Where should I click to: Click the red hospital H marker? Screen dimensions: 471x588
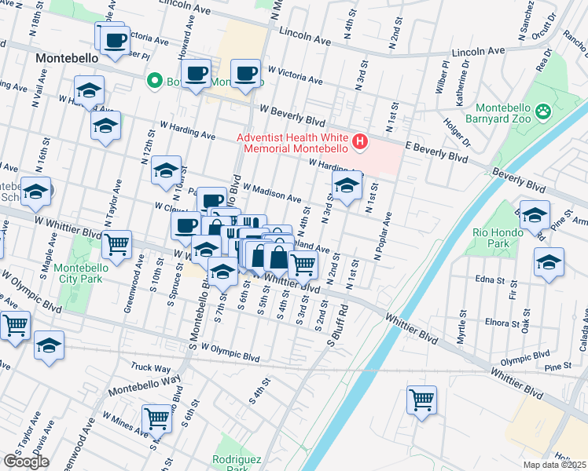coord(360,141)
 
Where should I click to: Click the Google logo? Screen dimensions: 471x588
coord(26,462)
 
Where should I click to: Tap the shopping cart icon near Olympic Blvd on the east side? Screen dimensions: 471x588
coord(421,399)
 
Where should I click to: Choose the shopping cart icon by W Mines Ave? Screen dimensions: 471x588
coord(156,418)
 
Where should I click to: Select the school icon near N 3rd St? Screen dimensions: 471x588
coord(345,186)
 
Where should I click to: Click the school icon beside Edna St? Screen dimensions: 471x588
coord(549,261)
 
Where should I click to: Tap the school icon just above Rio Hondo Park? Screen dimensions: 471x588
coord(535,214)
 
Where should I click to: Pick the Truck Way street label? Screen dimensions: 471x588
coord(151,367)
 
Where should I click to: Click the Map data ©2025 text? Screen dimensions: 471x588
coord(554,465)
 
